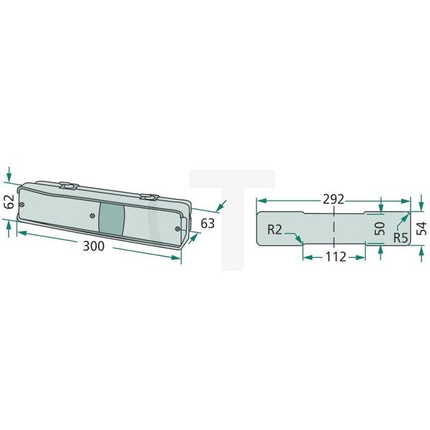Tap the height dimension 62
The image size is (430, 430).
(x=9, y=202)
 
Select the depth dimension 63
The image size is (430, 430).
(x=208, y=224)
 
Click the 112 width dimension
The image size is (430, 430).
(x=335, y=257)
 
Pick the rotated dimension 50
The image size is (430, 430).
(x=379, y=229)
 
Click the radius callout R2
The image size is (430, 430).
(x=277, y=230)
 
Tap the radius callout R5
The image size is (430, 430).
(x=400, y=237)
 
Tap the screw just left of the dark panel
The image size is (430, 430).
(x=92, y=215)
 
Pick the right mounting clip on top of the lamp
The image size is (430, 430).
(x=150, y=196)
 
